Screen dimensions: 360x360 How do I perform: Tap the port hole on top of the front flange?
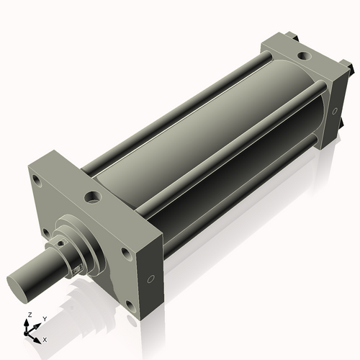[x=93, y=195]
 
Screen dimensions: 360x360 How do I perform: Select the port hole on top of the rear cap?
[x=303, y=54]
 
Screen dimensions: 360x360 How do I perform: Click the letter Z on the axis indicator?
[x=29, y=315]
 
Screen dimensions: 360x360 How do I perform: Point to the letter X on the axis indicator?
[x=45, y=339]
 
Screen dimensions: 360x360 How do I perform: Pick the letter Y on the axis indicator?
[x=44, y=318]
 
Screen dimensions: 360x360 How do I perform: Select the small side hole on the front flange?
[x=150, y=278]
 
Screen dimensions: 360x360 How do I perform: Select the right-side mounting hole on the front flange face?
[x=126, y=253]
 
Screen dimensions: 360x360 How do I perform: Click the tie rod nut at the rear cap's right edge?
[x=351, y=68]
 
